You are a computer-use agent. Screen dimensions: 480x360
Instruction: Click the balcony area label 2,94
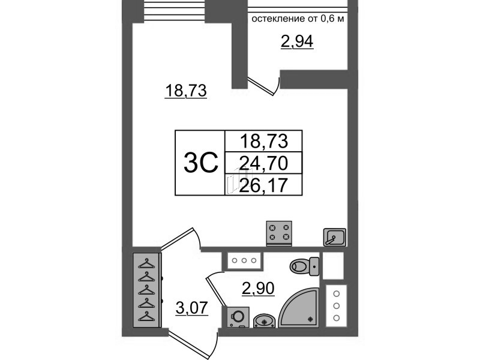tap(297, 42)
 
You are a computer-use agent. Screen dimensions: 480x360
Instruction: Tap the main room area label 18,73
tap(186, 91)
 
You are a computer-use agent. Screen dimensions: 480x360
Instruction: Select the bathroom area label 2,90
tap(258, 288)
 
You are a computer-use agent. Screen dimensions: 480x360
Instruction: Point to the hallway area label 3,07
tap(192, 308)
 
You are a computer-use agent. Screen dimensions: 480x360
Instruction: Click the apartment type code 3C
tap(200, 163)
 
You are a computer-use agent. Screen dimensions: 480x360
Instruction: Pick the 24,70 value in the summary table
tap(263, 163)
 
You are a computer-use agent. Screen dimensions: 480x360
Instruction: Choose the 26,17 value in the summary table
tap(263, 185)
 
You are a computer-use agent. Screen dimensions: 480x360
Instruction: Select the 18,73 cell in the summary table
tap(263, 141)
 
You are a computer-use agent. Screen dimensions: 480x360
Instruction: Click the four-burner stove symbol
tap(279, 233)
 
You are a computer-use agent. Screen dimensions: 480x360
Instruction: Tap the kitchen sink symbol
tap(335, 237)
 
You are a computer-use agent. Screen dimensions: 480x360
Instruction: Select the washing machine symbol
tap(238, 317)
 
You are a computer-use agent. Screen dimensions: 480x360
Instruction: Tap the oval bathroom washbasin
tap(265, 321)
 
